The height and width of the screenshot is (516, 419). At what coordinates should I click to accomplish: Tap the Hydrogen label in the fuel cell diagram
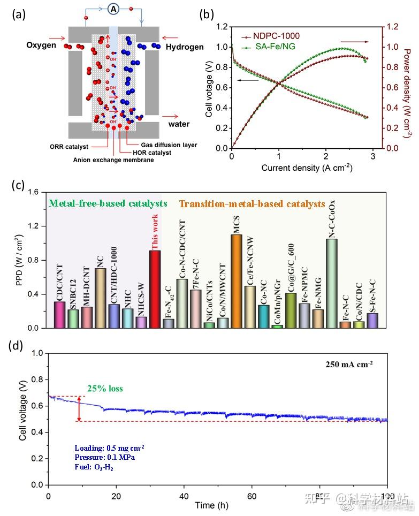coord(185,47)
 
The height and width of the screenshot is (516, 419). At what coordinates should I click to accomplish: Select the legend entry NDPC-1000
coord(278,37)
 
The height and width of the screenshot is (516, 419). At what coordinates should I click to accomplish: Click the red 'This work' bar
coord(155,289)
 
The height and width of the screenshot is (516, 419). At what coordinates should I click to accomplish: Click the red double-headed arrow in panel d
coord(79,409)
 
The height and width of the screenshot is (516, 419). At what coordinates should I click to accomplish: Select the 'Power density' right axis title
coord(408,86)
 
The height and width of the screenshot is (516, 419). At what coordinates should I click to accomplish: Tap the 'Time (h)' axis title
coord(205,505)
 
